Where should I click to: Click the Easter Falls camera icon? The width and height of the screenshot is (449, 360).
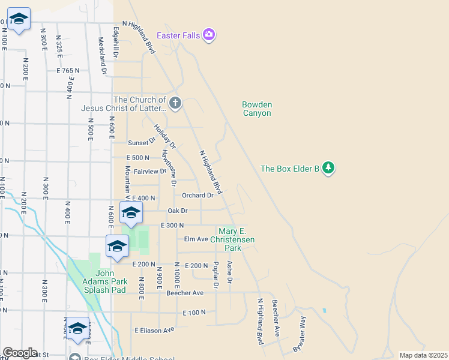point(209,35)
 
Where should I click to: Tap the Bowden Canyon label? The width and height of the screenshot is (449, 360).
point(257,109)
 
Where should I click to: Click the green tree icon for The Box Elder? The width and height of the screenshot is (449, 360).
point(328,168)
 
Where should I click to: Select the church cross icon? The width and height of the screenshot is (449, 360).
point(175,103)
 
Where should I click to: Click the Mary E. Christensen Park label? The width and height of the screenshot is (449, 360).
point(236,239)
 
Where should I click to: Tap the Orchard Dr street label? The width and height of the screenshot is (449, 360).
point(197,196)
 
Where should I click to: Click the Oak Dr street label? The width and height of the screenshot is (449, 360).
point(178,211)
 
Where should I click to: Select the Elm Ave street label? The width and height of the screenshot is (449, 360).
point(196,239)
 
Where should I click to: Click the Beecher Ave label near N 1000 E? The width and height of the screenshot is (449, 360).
point(185,293)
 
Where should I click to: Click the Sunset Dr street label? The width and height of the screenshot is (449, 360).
point(142,143)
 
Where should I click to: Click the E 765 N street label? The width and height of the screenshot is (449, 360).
point(68,71)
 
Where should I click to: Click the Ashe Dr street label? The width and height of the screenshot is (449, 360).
point(229,272)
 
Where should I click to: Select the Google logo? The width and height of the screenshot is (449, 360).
point(20,353)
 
